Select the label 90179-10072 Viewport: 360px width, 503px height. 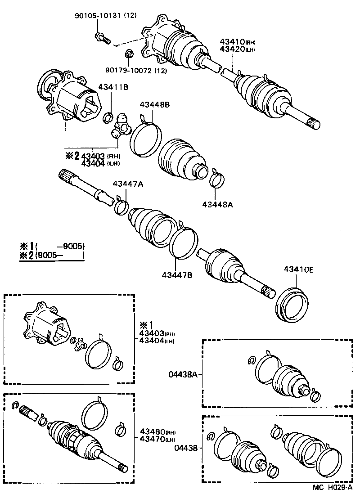[130, 70]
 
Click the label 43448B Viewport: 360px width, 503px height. [154, 105]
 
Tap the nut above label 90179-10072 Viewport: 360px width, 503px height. [128, 54]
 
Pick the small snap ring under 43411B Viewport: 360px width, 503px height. [108, 118]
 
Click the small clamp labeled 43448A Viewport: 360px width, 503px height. [216, 179]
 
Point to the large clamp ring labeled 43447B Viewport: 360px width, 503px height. [183, 243]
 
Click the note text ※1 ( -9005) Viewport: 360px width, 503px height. [52, 247]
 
